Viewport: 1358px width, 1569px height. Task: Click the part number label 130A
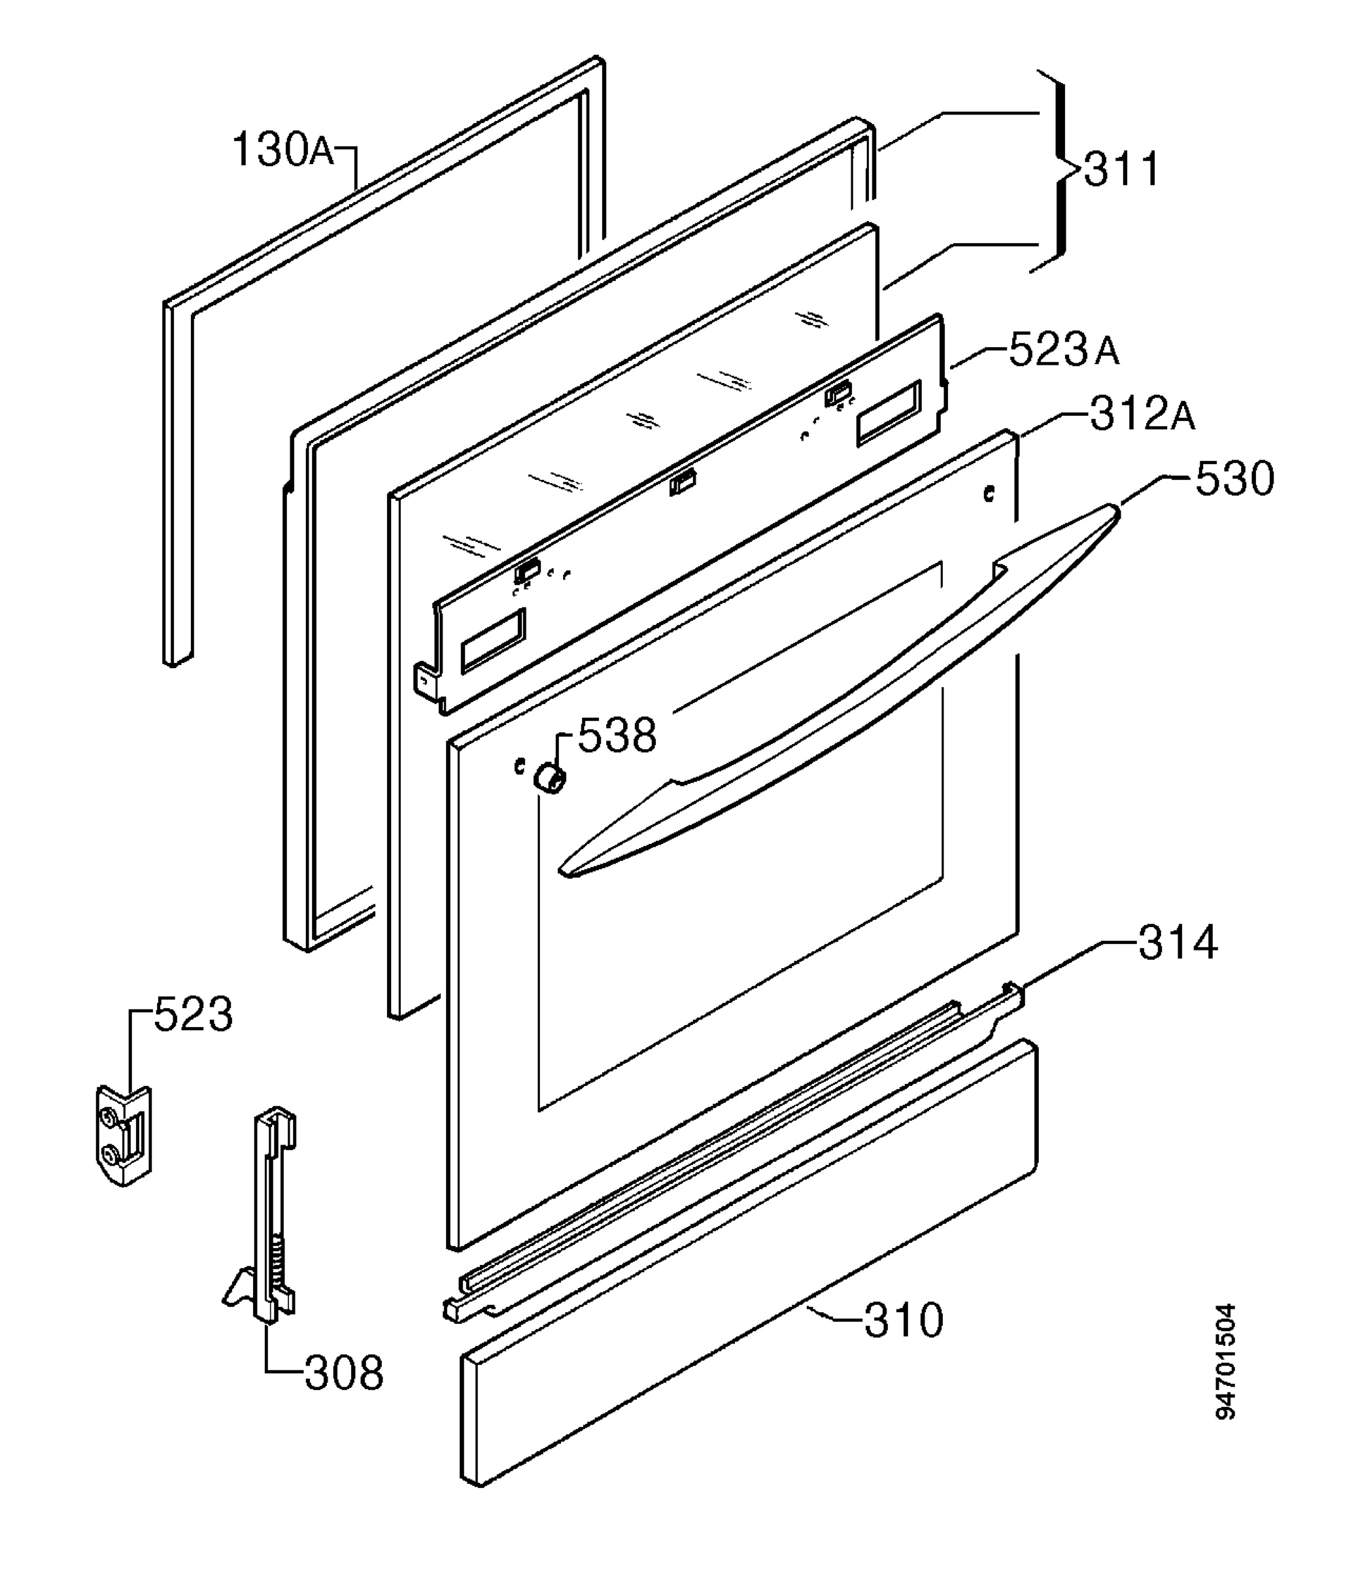tap(282, 150)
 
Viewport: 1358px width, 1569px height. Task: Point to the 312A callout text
tap(1143, 414)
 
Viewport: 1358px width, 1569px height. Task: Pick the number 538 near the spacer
tap(617, 735)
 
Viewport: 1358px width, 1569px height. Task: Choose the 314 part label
tap(1178, 943)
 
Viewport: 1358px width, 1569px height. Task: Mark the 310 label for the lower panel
tap(904, 1321)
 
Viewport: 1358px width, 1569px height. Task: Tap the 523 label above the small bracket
tap(194, 1015)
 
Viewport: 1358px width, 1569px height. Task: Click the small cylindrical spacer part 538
tap(549, 778)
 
